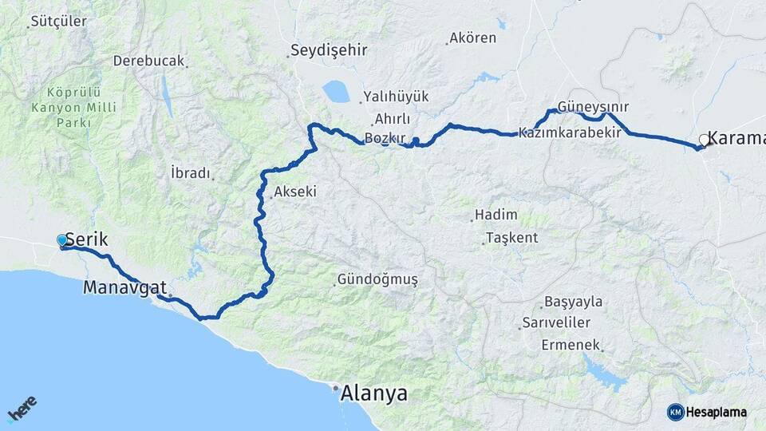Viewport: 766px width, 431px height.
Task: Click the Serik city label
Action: click(x=86, y=239)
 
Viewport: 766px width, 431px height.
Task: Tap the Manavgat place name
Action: click(x=124, y=287)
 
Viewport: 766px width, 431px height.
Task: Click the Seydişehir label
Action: click(x=328, y=50)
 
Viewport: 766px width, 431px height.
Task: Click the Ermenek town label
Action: click(x=570, y=345)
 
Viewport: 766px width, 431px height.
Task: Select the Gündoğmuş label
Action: click(x=377, y=280)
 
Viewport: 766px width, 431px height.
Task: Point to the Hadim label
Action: click(x=496, y=215)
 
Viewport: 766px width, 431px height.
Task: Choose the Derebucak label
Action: click(x=148, y=61)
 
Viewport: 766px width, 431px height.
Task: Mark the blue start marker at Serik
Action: click(x=62, y=240)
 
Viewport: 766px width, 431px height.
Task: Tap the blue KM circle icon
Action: click(x=676, y=412)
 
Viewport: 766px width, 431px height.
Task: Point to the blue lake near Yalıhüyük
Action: click(x=336, y=92)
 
